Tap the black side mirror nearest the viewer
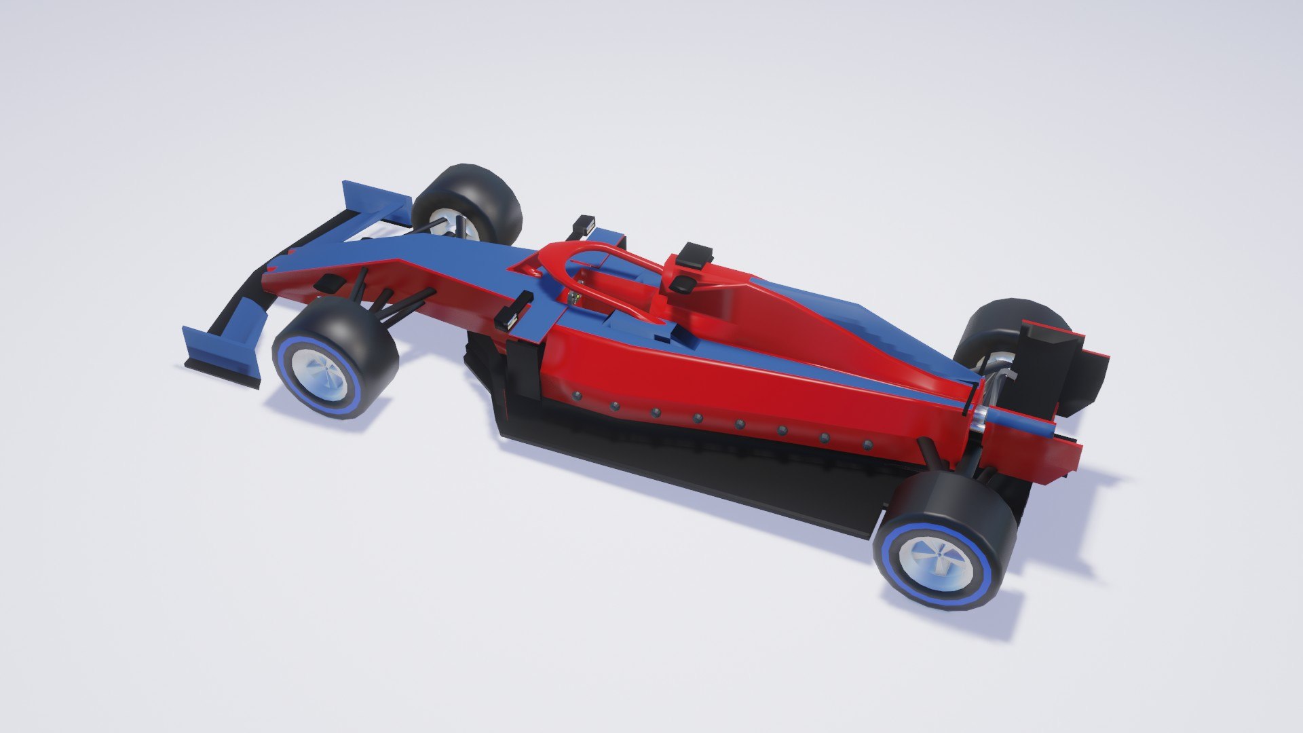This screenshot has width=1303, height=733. point(514,311)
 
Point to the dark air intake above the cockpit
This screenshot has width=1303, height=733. point(681,284)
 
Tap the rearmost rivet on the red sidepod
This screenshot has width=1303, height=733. point(867,445)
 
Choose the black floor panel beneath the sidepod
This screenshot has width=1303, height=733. point(679,468)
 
